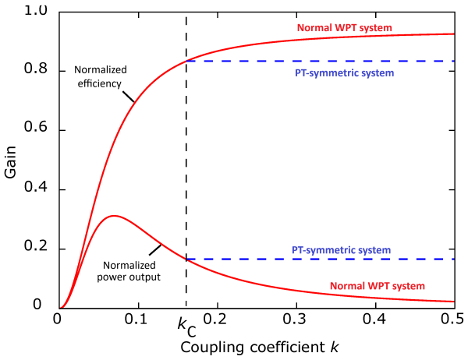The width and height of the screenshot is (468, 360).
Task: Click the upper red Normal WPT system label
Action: [344, 28]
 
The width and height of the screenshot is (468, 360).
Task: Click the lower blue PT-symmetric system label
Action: [341, 249]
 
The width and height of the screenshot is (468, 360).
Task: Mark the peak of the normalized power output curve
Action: [114, 215]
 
